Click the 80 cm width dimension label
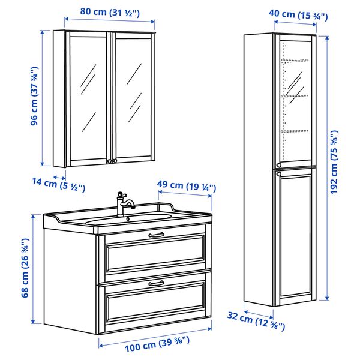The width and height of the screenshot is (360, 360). click(x=110, y=12)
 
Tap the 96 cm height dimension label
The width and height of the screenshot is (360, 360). click(x=34, y=96)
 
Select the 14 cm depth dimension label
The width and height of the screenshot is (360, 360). click(x=59, y=184)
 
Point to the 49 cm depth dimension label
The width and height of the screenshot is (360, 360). click(x=187, y=186)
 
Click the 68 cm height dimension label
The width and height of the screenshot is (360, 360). click(x=25, y=268)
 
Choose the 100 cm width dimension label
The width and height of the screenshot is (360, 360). click(x=157, y=344)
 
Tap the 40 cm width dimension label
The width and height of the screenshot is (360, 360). click(x=298, y=15)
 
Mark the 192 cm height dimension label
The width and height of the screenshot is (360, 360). click(x=334, y=162)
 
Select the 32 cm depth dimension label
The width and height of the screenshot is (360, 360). click(x=256, y=321)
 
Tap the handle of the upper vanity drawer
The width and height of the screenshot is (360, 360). click(x=156, y=235)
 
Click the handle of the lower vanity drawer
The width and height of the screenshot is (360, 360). click(x=156, y=283)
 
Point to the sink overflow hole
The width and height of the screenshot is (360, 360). click(x=128, y=218)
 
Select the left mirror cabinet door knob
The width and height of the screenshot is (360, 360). click(x=110, y=161)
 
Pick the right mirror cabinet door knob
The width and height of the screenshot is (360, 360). click(x=115, y=161)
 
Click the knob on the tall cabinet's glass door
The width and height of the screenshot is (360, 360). click(x=279, y=165)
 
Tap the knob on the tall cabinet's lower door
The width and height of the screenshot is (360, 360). click(x=279, y=174)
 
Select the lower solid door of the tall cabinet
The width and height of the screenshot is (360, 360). click(x=295, y=236)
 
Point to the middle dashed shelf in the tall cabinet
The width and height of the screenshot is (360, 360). click(x=295, y=96)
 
